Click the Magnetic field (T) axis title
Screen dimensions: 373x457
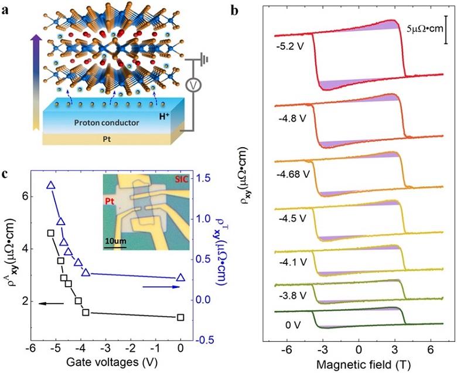[x=359, y=364]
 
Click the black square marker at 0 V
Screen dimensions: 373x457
[x=180, y=317]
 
